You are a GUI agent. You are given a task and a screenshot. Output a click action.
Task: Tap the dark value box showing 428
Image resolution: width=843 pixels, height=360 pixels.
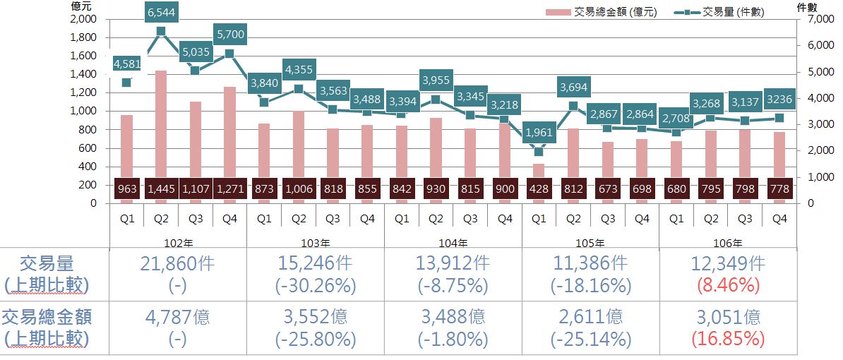(x=539, y=189)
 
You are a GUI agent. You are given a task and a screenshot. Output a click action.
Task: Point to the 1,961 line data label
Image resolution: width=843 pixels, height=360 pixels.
(x=539, y=132)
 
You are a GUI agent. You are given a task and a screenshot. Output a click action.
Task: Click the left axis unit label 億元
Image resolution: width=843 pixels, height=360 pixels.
(x=80, y=6)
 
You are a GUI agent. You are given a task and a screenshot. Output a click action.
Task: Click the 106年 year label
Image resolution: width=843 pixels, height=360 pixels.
(x=728, y=242)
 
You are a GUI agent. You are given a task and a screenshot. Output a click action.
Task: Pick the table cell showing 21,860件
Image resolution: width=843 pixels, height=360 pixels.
(x=178, y=264)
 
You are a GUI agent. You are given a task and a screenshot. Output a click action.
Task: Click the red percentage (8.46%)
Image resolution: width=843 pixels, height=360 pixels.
(x=728, y=285)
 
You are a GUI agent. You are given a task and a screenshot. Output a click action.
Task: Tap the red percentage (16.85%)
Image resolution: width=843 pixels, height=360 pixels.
(x=728, y=339)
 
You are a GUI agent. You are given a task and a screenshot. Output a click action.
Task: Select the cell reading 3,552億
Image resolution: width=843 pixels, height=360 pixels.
(x=315, y=318)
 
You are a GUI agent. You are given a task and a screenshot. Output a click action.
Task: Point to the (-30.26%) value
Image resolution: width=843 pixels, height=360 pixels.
(x=315, y=285)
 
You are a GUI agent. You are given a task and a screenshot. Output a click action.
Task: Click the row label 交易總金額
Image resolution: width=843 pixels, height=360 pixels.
(x=47, y=317)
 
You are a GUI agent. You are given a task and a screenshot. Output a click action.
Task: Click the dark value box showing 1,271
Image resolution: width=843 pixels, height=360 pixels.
(x=229, y=189)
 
